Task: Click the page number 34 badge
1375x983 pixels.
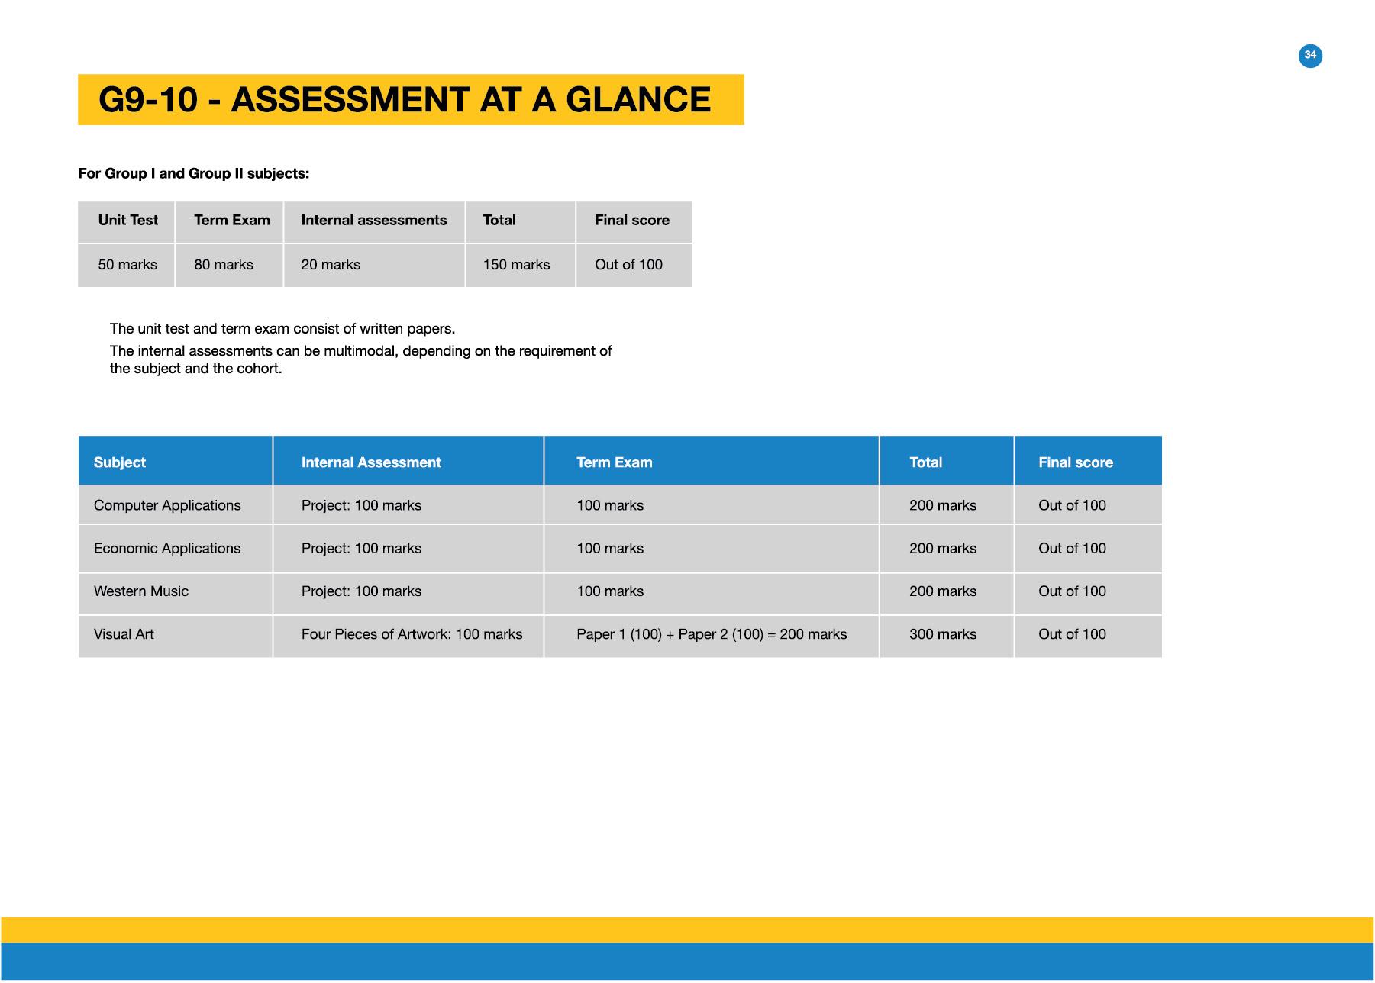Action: [x=1310, y=55]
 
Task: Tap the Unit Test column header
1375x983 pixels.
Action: [x=127, y=221]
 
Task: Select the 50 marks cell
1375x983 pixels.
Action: [x=127, y=265]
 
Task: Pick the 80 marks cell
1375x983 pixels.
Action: [x=224, y=265]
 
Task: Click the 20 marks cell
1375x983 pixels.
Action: [x=331, y=265]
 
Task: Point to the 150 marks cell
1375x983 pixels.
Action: [x=516, y=265]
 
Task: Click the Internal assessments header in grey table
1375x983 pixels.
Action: [x=374, y=221]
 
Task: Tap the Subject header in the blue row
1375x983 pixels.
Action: [x=120, y=462]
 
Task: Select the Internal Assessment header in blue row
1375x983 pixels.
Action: [x=371, y=462]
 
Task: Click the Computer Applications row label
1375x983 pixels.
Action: [x=167, y=505]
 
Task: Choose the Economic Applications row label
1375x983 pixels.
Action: [x=167, y=549]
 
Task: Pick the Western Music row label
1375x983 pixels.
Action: [x=141, y=591]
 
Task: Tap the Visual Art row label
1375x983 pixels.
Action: [x=124, y=634]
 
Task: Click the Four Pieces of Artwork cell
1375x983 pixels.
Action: [x=412, y=634]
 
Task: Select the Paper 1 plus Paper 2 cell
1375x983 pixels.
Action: [x=712, y=634]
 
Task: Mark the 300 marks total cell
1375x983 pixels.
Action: [x=943, y=634]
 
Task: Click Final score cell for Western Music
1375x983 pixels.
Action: [x=1072, y=591]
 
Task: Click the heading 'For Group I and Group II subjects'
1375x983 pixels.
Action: [x=194, y=174]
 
